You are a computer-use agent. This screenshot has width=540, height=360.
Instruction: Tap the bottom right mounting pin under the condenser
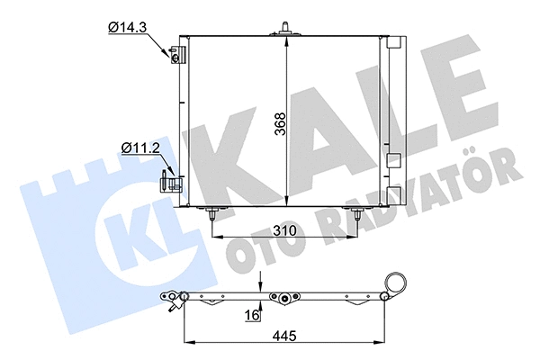tap(358, 214)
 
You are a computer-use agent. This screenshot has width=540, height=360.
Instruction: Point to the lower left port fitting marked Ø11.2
tap(170, 182)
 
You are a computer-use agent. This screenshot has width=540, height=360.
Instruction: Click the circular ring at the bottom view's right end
tap(394, 281)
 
